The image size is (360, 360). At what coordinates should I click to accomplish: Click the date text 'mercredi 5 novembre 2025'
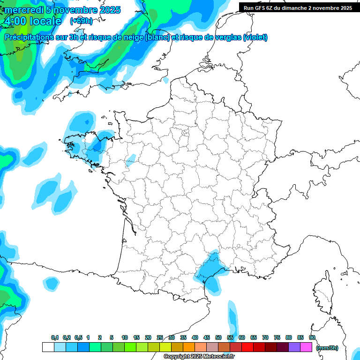[x=62, y=10]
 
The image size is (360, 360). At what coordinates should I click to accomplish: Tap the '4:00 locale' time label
[x=32, y=21]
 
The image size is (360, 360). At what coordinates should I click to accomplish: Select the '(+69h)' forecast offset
[x=81, y=21]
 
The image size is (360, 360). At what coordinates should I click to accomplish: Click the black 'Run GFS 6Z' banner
[x=298, y=7]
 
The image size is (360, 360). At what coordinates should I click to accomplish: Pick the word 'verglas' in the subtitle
[x=226, y=37]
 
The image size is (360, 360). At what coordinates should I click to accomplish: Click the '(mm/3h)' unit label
[x=327, y=348]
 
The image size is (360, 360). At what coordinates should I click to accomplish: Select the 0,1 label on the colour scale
[x=55, y=337]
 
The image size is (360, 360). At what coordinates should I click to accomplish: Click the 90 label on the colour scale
[x=312, y=337]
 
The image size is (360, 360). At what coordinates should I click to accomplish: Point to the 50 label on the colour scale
[x=218, y=337]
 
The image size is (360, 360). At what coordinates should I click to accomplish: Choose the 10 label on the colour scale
[x=125, y=337]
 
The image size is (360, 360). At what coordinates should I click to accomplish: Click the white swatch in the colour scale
[x=48, y=347]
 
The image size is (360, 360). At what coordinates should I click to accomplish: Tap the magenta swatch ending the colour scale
[x=306, y=347]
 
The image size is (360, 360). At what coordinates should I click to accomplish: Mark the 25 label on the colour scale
[x=160, y=337]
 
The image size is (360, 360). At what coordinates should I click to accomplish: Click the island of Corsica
[x=323, y=293]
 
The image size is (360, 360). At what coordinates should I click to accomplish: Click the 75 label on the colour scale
[x=277, y=337]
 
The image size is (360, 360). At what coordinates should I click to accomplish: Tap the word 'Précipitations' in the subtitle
[x=29, y=37]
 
